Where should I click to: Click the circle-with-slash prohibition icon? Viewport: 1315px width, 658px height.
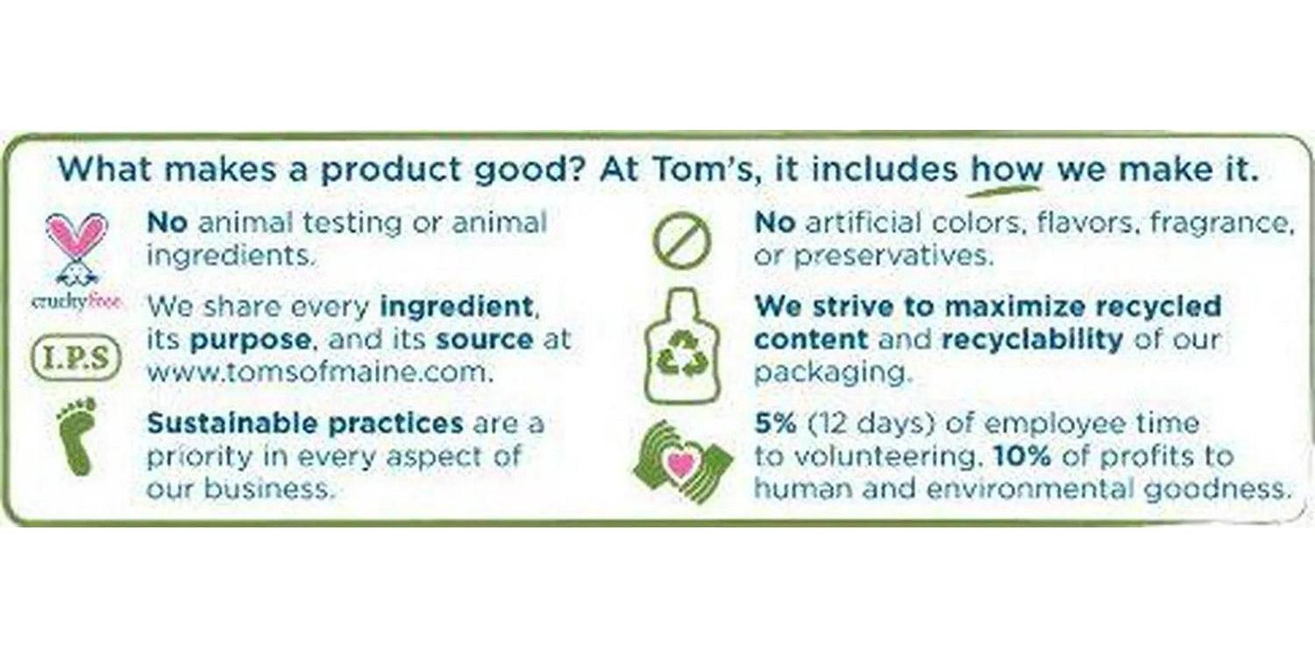[681, 241]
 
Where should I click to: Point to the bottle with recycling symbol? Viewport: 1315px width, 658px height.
[681, 346]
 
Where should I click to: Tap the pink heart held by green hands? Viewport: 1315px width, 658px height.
[681, 463]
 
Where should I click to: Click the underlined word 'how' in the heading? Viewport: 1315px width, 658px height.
[1006, 169]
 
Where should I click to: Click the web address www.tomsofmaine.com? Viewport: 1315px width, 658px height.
[320, 373]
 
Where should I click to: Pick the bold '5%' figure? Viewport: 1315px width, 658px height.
[776, 423]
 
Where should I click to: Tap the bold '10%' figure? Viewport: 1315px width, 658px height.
[1022, 456]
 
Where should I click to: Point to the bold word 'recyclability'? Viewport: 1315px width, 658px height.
[1032, 340]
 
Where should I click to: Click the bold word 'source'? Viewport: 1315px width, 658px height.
[484, 340]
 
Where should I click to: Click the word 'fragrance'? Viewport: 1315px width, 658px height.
[1222, 223]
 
